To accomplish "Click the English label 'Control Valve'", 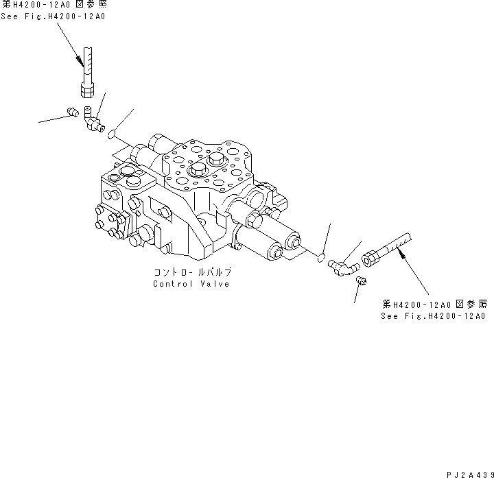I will pyautogui.click(x=191, y=284).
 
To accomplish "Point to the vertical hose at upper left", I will pyautogui.click(x=87, y=63).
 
